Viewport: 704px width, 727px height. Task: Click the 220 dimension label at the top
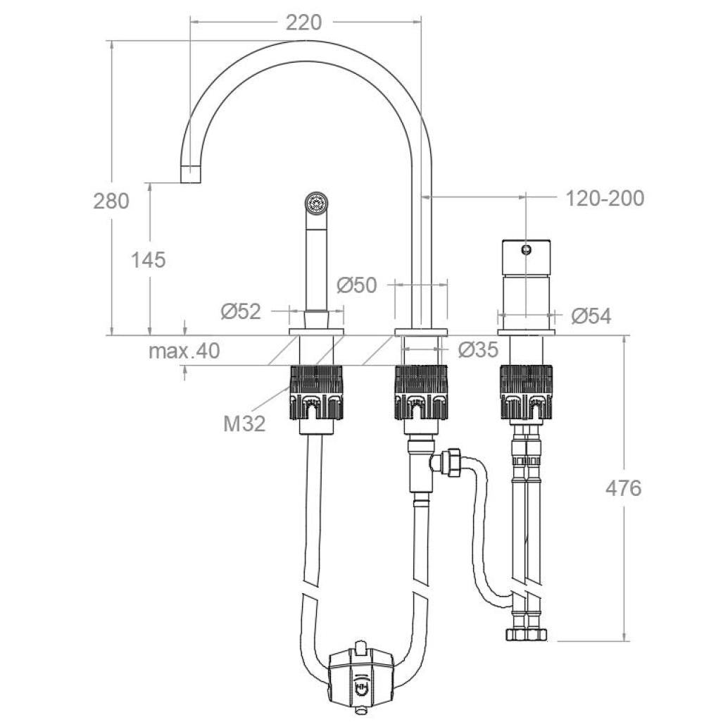[x=303, y=23]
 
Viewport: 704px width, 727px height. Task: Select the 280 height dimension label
[x=111, y=201]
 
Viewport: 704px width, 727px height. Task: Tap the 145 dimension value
[x=149, y=260]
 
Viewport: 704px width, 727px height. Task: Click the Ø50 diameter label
[x=356, y=285]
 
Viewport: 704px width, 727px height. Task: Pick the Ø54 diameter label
[x=591, y=316]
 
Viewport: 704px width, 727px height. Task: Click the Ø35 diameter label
[x=477, y=349]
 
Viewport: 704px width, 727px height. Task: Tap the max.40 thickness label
[x=184, y=351]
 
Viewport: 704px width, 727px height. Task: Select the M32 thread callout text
[x=244, y=423]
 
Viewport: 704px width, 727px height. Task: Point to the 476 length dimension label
[x=623, y=487]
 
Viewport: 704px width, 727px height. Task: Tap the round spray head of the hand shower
[x=316, y=203]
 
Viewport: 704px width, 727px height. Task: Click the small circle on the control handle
[x=526, y=249]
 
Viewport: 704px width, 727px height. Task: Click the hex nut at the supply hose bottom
[x=526, y=633]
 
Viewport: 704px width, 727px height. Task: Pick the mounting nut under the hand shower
[x=316, y=392]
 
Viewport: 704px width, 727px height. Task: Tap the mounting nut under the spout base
[x=421, y=392]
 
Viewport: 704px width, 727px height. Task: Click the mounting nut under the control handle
[x=526, y=392]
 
